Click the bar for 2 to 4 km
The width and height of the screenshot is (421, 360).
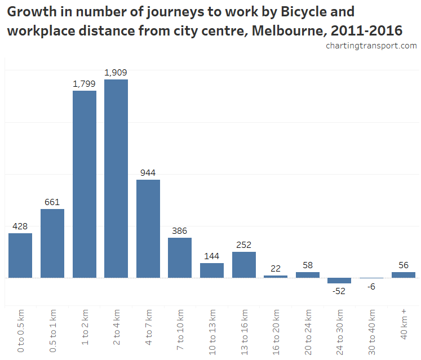pos(116,178)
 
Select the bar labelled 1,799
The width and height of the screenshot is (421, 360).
pos(85,184)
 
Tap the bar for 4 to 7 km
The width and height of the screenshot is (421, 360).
pos(148,228)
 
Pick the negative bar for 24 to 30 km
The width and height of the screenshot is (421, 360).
pos(339,281)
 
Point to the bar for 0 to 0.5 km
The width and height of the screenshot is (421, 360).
pos(20,255)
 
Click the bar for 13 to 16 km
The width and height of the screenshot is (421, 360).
pos(244,265)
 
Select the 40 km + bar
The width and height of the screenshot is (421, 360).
pos(404,275)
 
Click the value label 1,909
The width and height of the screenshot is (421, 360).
pos(116,72)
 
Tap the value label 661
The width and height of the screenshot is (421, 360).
pos(52,202)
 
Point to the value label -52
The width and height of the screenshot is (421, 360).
pos(339,291)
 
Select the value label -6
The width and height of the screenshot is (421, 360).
pos(371,286)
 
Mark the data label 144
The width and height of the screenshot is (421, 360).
pos(212,256)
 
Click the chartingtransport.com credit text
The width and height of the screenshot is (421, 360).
pos(371,46)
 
